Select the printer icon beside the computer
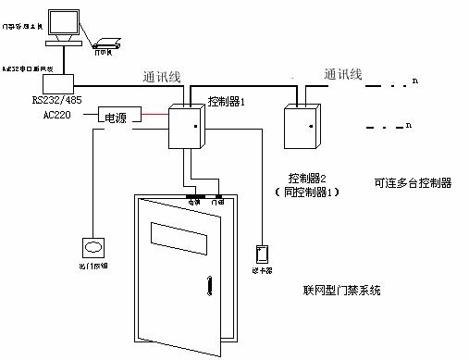(x=104, y=41)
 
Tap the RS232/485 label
(x=57, y=99)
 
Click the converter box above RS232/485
(x=43, y=81)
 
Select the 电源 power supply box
(x=116, y=118)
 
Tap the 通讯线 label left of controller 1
(x=164, y=78)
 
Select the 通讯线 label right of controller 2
(x=343, y=73)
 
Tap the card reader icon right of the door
(x=262, y=253)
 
